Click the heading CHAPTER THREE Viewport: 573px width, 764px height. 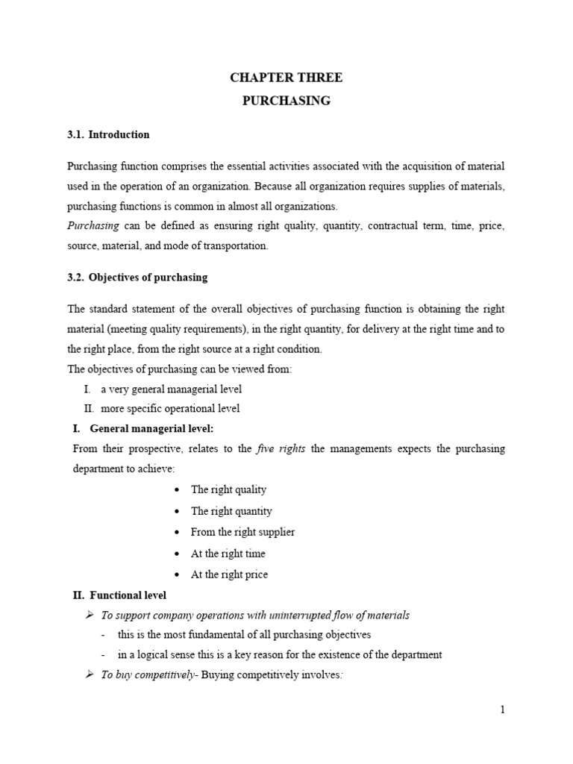pyautogui.click(x=286, y=78)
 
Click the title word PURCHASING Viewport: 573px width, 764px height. pyautogui.click(x=286, y=100)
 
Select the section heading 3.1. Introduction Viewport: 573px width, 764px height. pyautogui.click(x=108, y=135)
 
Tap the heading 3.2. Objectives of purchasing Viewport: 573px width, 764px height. pyautogui.click(x=137, y=278)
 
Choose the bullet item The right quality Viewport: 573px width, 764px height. pyautogui.click(x=228, y=489)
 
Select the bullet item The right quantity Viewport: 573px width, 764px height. pyautogui.click(x=231, y=511)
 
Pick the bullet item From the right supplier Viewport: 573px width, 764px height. pyautogui.click(x=242, y=532)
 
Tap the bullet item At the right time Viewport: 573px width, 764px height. pyautogui.click(x=228, y=554)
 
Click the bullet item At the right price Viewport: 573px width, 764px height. pyautogui.click(x=229, y=574)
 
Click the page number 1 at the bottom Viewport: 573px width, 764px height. pyautogui.click(x=503, y=710)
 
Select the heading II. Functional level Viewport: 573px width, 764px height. pyautogui.click(x=119, y=595)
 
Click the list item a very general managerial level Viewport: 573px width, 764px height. pyautogui.click(x=171, y=389)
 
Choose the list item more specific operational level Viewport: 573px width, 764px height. pyautogui.click(x=170, y=409)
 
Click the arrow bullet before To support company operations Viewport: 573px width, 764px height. pyautogui.click(x=89, y=616)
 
